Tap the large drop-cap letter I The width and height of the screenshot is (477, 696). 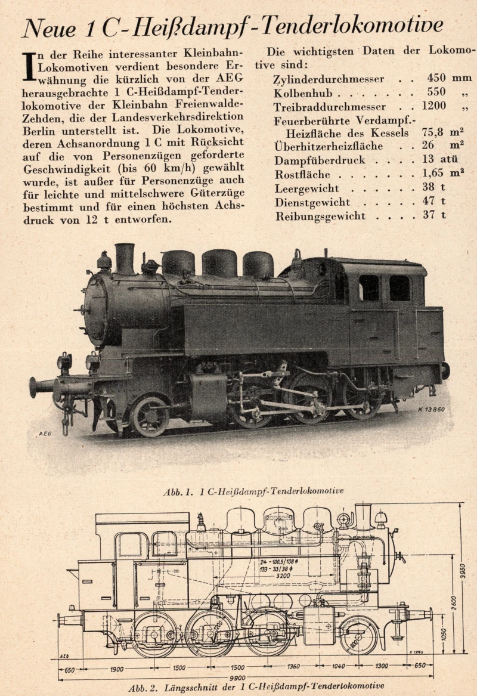pos(29,67)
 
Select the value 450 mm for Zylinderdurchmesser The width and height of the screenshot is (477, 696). pos(449,78)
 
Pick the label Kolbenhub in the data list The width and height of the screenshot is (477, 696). pos(303,93)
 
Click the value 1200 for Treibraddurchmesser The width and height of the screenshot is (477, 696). pos(434,106)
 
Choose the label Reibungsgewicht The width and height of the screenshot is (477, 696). pos(320,216)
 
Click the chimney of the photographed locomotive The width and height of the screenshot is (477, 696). pos(125,259)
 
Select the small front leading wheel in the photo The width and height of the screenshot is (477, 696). pos(150,416)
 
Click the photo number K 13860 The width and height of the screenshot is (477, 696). pos(430,409)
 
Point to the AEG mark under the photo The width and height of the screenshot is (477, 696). pos(45,434)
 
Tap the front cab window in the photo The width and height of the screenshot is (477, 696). pos(369,287)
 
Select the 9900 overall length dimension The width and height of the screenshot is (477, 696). pos(238,678)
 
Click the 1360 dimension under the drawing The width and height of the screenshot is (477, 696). pos(293,666)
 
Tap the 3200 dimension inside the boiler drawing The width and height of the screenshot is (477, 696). pos(283,576)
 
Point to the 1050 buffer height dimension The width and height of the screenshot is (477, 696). pos(444,635)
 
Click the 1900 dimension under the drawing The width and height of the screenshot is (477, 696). pos(116,669)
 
